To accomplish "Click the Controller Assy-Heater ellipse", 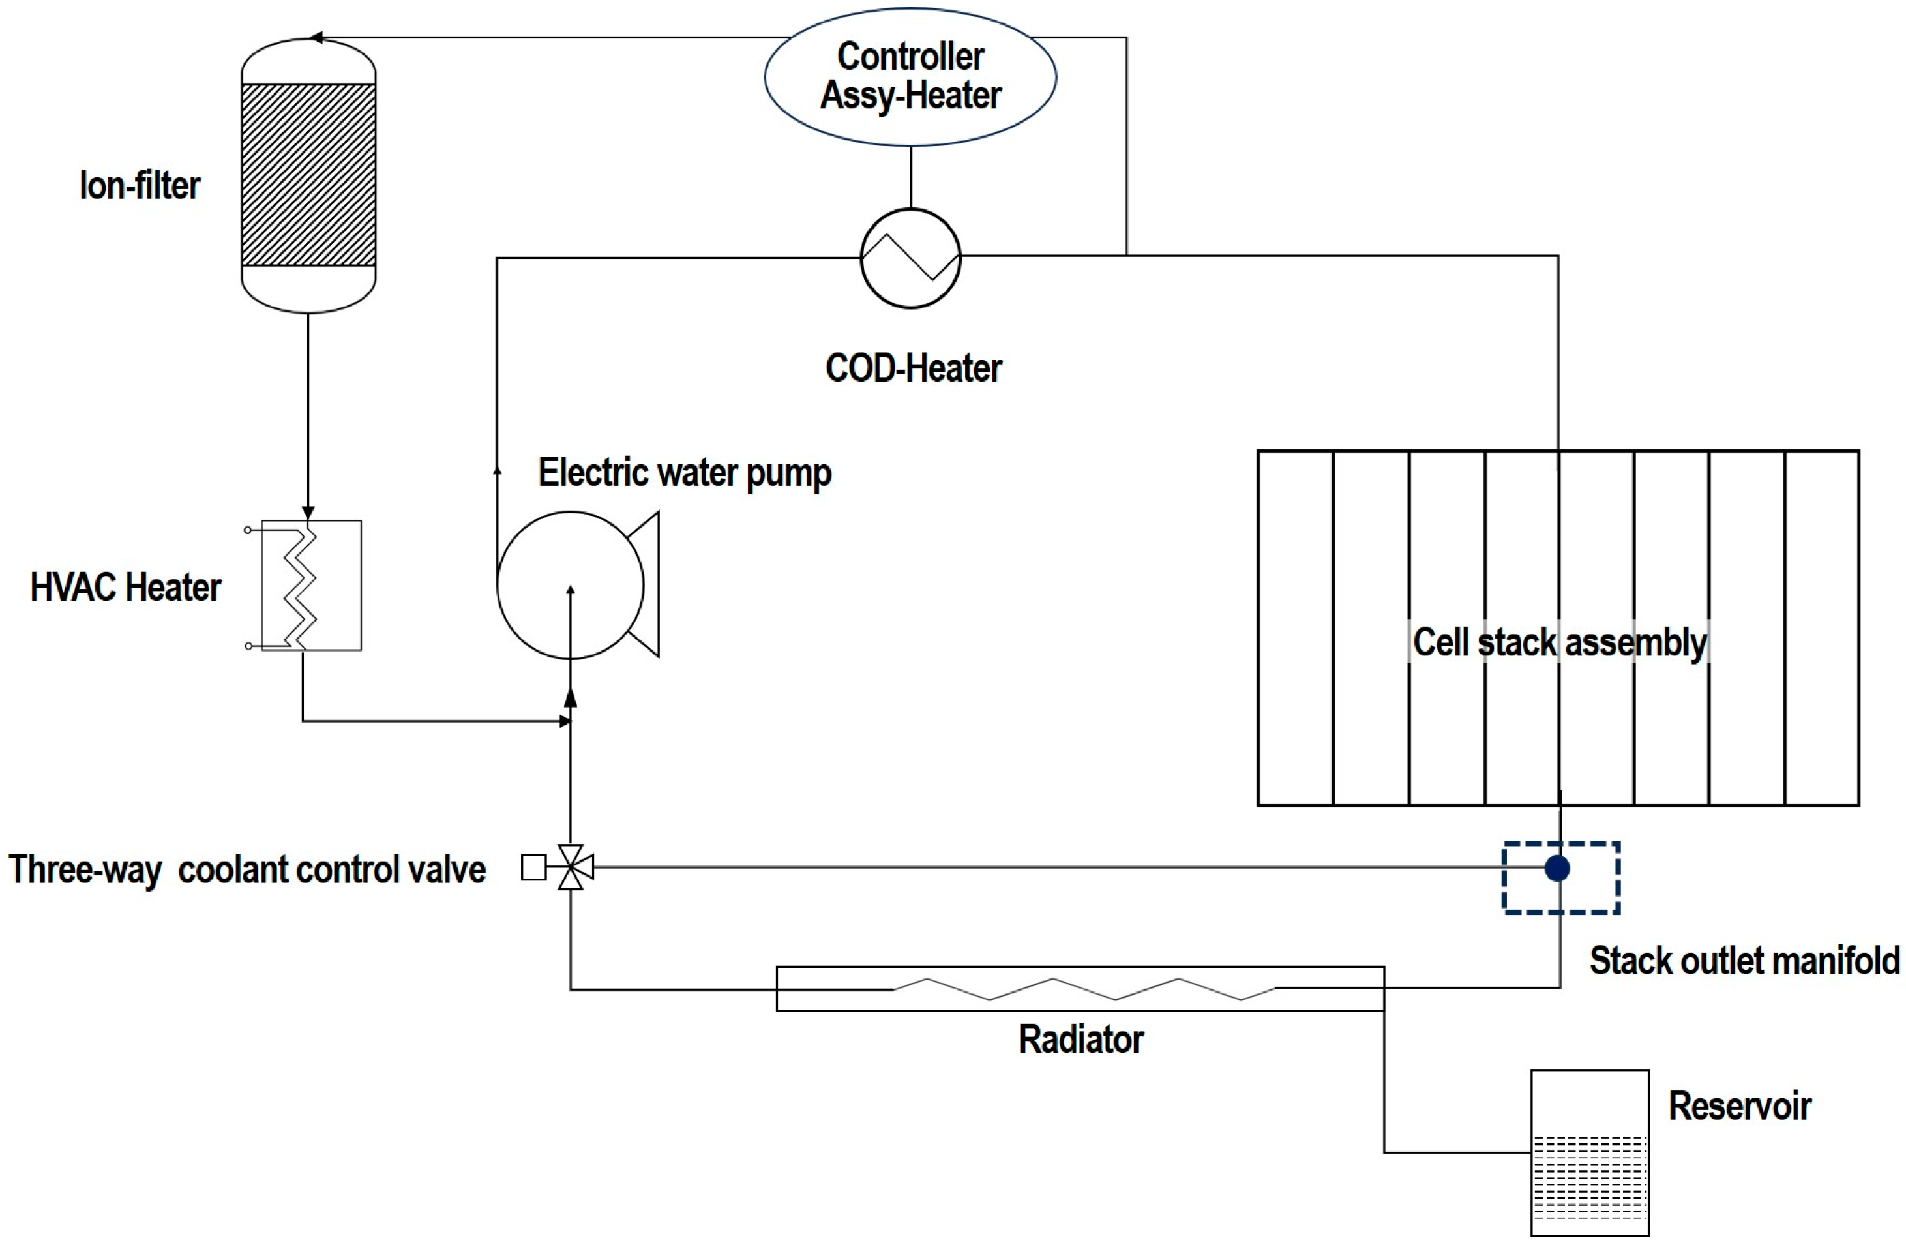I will point(910,77).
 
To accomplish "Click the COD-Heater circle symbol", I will point(910,258).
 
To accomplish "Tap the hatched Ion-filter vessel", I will point(308,175).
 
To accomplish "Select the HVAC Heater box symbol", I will point(312,586).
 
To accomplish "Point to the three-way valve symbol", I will point(570,867).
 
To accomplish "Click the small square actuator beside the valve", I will point(533,867).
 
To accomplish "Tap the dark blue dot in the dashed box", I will point(1557,868).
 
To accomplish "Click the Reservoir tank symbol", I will point(1589,1152).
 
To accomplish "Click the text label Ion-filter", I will point(140,186).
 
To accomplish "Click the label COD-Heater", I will point(913,368).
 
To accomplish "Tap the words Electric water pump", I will point(685,473).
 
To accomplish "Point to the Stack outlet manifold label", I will point(1744,961).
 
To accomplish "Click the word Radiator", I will point(1080,1040).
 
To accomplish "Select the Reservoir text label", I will point(1740,1106).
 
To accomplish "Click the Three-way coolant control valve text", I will point(246,870).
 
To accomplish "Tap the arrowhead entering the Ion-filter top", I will point(317,38).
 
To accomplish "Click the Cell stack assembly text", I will point(1559,642).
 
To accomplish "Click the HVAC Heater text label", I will point(125,587).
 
